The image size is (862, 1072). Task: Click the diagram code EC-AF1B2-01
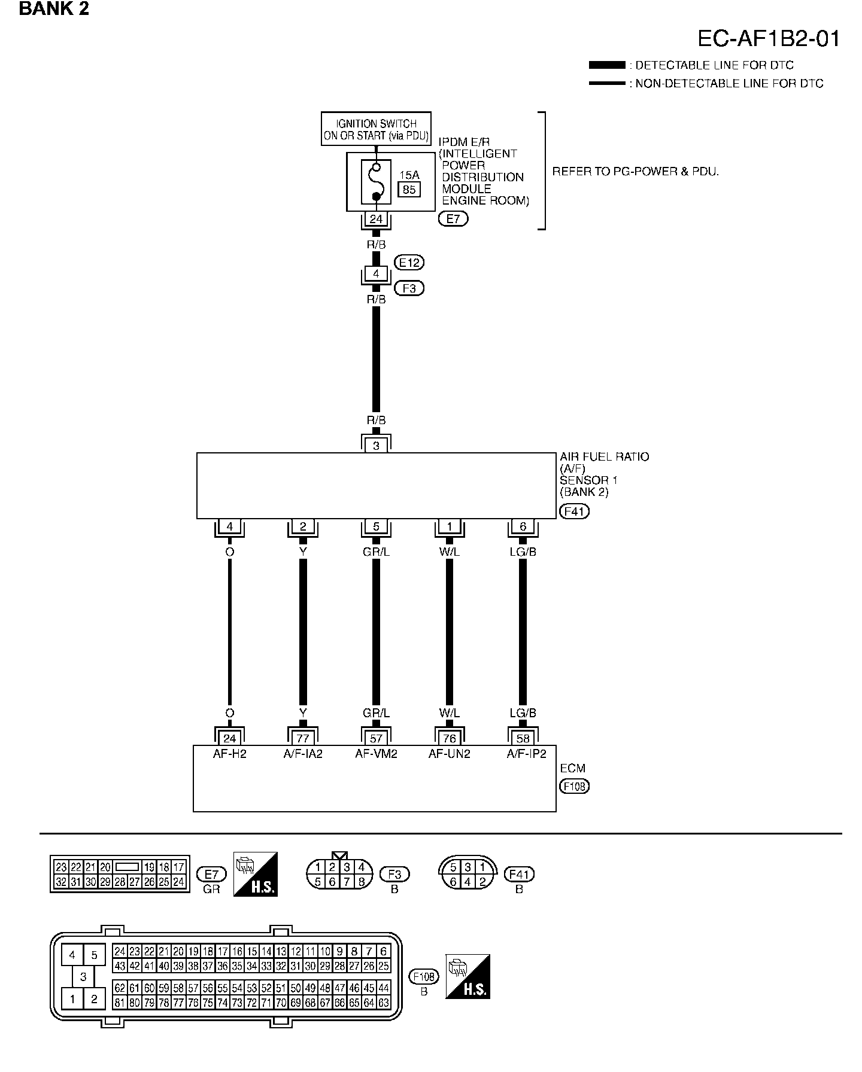(769, 39)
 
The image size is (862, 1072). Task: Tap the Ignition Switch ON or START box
(376, 129)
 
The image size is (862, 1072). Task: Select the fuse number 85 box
(409, 190)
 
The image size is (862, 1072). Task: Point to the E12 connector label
(409, 262)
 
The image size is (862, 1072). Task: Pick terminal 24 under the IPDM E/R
(376, 220)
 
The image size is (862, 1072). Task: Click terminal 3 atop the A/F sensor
(376, 446)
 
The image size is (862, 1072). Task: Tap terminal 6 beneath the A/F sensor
(523, 526)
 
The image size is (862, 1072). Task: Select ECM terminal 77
(303, 738)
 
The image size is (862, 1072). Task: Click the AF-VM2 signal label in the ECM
(376, 754)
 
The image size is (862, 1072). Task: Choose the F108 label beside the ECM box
(574, 786)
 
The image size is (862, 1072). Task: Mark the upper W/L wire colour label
(449, 552)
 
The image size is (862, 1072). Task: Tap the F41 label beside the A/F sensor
(573, 511)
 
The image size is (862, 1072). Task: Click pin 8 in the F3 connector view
(361, 882)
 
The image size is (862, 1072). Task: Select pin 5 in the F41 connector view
(453, 867)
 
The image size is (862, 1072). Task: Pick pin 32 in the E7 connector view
(61, 882)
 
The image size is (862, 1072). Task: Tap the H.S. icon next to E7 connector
(256, 874)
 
